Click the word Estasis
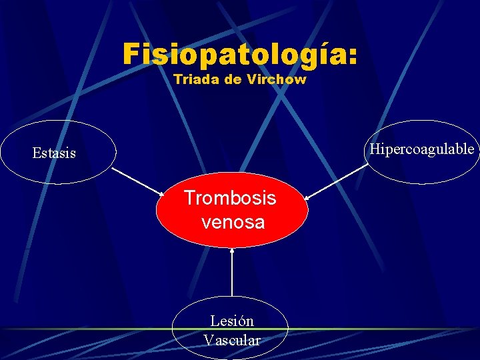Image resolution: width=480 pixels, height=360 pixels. point(54,153)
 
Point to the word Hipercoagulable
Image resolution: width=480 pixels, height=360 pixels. point(422,149)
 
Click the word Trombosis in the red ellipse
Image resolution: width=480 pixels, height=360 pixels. point(230,198)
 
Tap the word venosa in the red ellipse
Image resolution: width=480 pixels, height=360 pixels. point(233,222)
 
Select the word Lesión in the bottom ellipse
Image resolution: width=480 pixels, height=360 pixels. point(232,321)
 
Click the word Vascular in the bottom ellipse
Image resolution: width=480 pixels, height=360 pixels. point(232,340)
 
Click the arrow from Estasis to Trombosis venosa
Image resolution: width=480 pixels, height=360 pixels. point(138,181)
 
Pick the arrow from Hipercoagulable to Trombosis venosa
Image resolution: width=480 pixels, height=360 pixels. point(337,181)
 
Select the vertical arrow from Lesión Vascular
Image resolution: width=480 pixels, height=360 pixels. point(232,273)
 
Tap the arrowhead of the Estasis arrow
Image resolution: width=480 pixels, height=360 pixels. point(162,194)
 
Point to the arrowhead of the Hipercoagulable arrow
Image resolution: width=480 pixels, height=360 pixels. point(307,197)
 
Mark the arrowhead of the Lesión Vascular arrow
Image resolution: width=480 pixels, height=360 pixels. point(232,251)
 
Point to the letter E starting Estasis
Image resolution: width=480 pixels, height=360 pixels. point(37,153)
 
